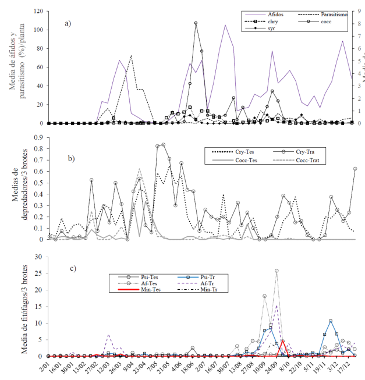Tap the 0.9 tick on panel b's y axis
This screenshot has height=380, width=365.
(x=38, y=138)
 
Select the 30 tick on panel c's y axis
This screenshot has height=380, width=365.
(x=40, y=257)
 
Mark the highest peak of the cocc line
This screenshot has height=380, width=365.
(x=196, y=23)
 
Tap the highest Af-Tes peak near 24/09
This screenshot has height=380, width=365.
(x=277, y=271)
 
